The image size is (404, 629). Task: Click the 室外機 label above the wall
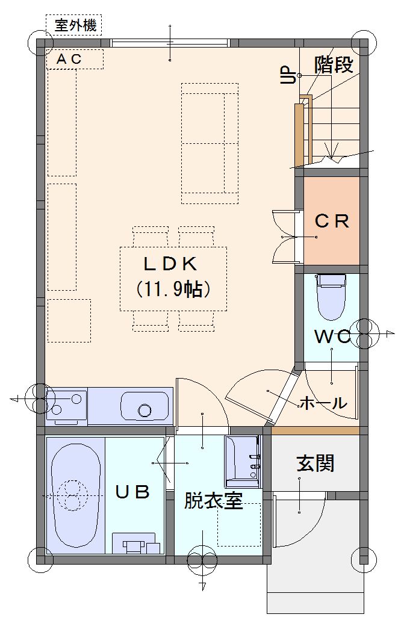75,26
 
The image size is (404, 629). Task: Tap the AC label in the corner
69,60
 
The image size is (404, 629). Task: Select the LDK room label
170,264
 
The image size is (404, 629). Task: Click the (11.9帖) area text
173,288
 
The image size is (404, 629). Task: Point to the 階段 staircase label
334,64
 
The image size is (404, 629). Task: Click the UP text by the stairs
288,75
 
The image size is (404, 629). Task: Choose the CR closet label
331,222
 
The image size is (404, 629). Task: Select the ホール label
323,402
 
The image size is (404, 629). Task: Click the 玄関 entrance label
315,463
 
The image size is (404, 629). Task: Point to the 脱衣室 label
213,501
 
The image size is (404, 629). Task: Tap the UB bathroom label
132,491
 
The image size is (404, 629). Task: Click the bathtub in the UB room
76,495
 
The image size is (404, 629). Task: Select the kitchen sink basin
145,407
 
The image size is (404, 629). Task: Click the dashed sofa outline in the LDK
210,143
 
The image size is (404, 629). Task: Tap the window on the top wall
170,42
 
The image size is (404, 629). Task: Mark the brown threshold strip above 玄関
315,431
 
